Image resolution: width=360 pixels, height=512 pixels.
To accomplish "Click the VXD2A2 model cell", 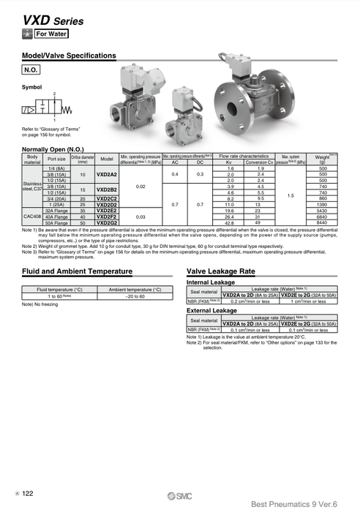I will point(107,175).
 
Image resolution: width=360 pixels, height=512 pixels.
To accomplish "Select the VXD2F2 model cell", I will point(107,217).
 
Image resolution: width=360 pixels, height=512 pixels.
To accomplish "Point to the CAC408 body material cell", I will point(32,217).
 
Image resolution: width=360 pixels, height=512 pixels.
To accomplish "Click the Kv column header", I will point(230,162).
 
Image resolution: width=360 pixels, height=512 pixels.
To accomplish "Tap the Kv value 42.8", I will point(230,222).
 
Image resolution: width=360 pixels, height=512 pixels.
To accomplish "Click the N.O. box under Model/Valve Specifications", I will point(32,69).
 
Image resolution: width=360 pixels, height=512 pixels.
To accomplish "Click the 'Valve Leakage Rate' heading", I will point(221,271).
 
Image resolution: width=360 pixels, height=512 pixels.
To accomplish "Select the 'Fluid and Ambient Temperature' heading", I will point(78,271).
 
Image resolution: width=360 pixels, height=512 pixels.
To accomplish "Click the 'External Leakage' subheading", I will point(212,310).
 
